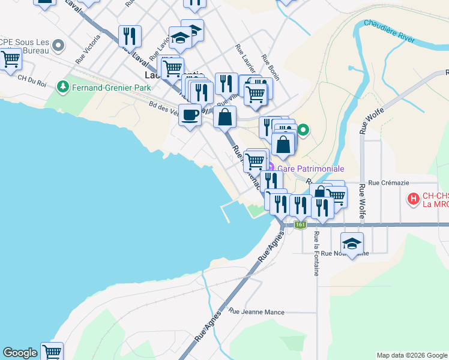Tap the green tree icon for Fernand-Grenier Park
(x=62, y=88)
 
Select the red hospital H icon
(x=413, y=198)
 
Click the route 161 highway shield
(x=301, y=224)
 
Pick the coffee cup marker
(x=190, y=114)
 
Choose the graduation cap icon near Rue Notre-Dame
(x=352, y=243)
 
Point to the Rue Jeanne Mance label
(x=256, y=312)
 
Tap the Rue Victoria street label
(x=84, y=53)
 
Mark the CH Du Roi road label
(x=31, y=77)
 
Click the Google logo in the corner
(x=20, y=353)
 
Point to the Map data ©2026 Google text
(x=411, y=355)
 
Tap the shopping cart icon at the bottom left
(x=52, y=351)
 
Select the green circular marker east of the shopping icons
(x=304, y=129)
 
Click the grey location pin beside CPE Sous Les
(x=58, y=45)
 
